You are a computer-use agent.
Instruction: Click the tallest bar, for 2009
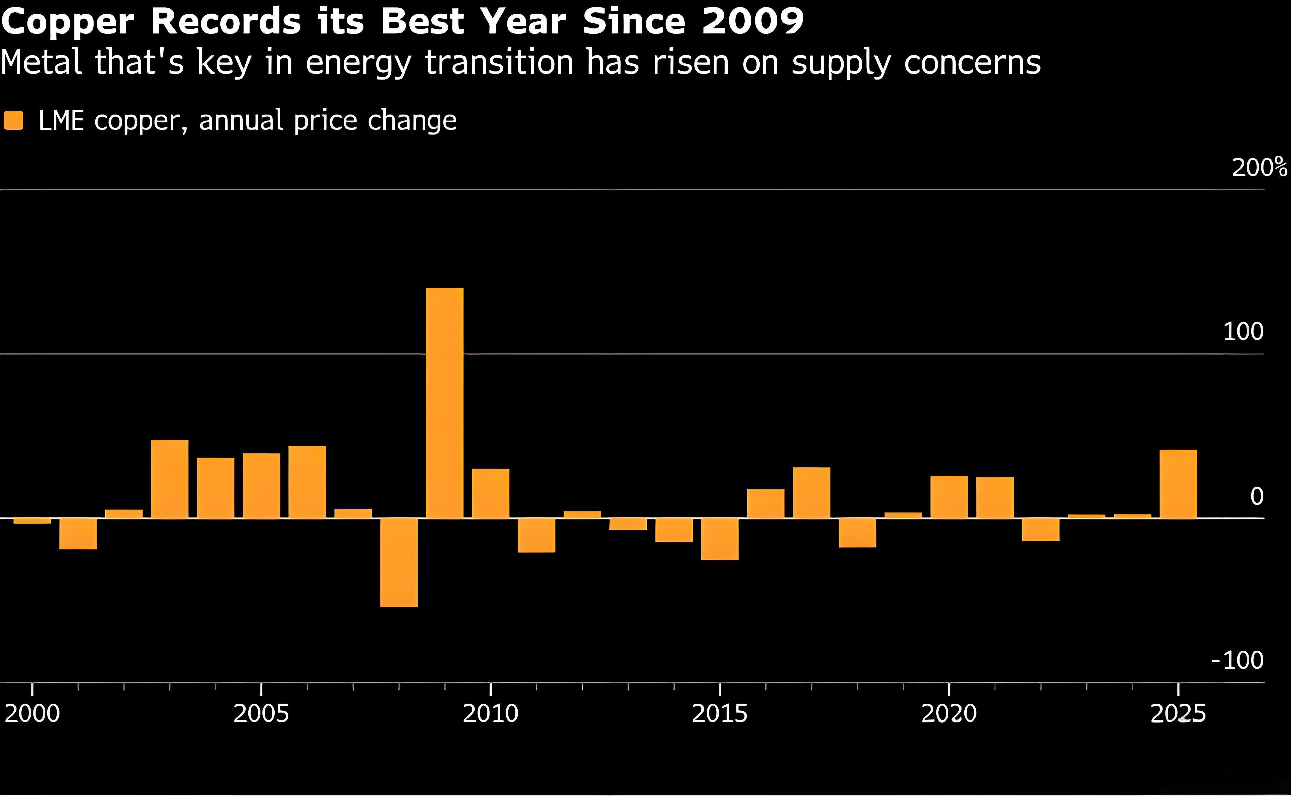(445, 403)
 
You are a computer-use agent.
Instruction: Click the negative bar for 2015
(720, 539)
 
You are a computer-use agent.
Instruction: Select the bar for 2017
(812, 492)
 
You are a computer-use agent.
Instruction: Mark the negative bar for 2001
(78, 534)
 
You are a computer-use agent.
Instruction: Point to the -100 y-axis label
(1237, 661)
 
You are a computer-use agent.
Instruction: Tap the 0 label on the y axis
(1257, 496)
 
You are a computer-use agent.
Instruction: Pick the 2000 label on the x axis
(32, 714)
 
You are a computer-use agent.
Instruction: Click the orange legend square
(14, 121)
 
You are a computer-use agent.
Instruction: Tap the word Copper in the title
(68, 22)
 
